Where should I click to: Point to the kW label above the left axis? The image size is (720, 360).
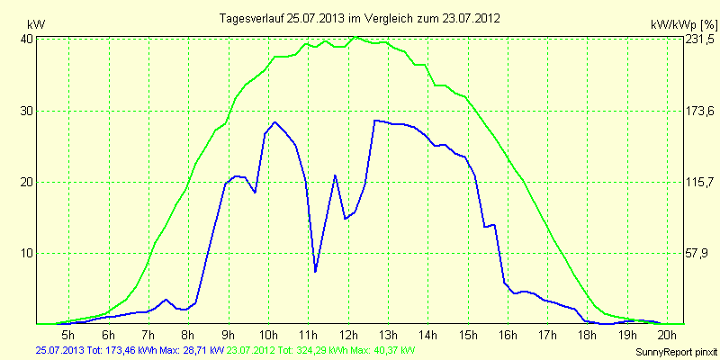(36, 23)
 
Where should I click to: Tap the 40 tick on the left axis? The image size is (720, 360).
(26, 40)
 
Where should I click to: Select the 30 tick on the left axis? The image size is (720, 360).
(26, 111)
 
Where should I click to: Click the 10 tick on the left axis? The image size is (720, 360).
(26, 253)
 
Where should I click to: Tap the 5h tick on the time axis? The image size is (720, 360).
(67, 334)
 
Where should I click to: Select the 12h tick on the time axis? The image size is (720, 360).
(347, 334)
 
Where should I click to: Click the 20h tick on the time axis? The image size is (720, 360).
(667, 334)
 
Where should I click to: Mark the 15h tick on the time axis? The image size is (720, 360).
(467, 334)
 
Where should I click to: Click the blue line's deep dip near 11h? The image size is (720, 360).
(315, 271)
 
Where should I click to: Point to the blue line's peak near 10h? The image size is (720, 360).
(274, 121)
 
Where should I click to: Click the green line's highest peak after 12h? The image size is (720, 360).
(357, 37)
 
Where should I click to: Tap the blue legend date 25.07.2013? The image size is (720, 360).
(62, 349)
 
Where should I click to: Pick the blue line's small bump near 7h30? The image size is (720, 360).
(166, 300)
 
